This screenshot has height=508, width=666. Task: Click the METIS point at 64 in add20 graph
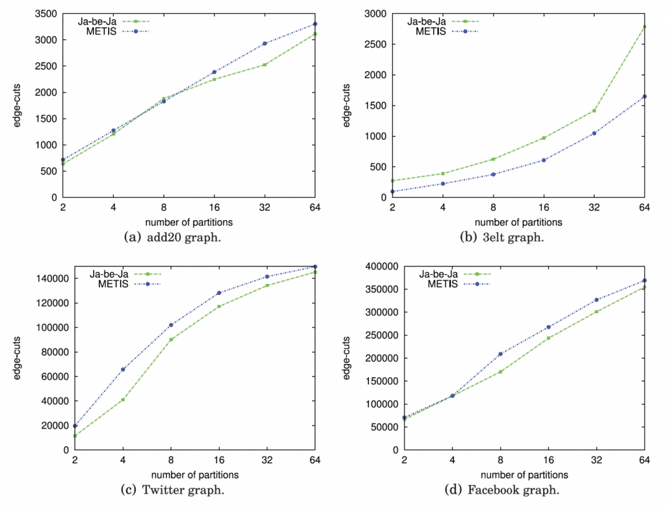click(315, 24)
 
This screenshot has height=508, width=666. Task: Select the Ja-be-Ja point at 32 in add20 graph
click(265, 64)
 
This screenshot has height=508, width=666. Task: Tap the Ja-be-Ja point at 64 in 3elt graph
click(645, 27)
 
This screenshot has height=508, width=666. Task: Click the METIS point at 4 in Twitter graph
click(123, 369)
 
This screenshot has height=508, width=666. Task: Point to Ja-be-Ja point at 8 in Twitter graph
click(171, 339)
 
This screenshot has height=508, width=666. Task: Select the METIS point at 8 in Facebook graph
click(500, 354)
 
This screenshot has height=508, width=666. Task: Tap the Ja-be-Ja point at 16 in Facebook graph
click(548, 338)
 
